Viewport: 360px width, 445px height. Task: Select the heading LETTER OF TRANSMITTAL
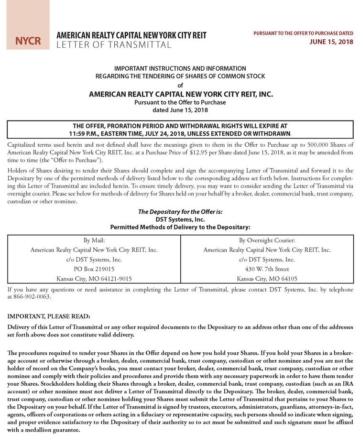click(x=114, y=45)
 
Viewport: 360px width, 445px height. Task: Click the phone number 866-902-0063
click(x=31, y=296)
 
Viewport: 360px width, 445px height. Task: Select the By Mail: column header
click(x=94, y=240)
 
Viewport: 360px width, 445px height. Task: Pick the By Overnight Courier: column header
click(x=267, y=240)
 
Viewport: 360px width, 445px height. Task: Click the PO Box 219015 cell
click(x=94, y=269)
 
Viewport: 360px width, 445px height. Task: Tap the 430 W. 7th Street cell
click(x=267, y=269)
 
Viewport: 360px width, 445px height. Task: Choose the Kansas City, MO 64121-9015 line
click(x=94, y=278)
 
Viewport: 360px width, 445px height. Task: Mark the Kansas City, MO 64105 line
click(x=267, y=278)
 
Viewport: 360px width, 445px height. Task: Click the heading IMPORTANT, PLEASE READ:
click(x=49, y=316)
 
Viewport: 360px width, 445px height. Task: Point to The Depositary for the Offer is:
click(x=180, y=212)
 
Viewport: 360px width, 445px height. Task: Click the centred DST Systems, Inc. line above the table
click(x=180, y=219)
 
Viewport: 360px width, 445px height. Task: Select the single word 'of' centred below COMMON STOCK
click(x=180, y=86)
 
